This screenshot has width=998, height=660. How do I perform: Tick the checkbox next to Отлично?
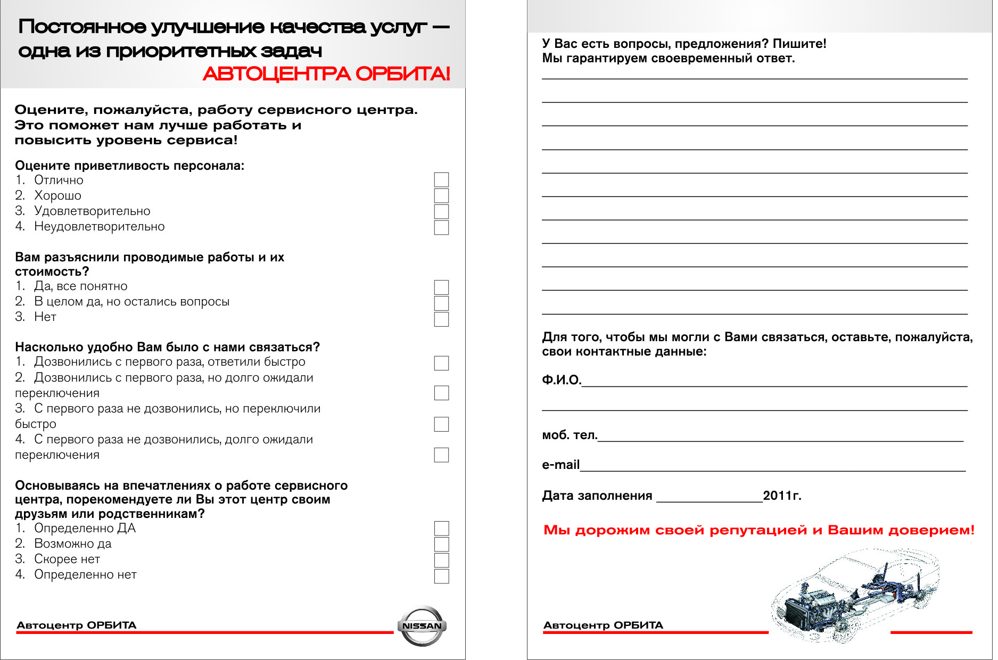pos(441,180)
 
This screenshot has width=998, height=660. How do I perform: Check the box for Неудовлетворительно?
pos(441,227)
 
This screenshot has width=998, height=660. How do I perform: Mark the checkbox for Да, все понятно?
pos(441,287)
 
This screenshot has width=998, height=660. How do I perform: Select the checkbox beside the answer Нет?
pos(441,319)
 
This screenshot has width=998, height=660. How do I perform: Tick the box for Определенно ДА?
pos(441,529)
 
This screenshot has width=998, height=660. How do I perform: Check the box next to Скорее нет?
pos(441,560)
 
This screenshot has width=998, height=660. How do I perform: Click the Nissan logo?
pos(422,626)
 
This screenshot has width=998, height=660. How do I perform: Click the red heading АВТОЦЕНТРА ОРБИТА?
pos(326,74)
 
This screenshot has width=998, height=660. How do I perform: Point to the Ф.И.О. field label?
pos(561,379)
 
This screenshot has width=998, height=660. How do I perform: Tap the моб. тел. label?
pos(570,435)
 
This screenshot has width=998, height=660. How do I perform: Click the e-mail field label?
pos(560,465)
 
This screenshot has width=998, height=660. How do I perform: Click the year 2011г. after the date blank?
pos(782,496)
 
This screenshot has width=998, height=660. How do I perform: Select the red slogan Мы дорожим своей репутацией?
pos(758,530)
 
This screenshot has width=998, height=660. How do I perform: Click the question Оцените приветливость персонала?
pos(129,166)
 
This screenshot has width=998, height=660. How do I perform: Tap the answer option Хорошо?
pos(57,195)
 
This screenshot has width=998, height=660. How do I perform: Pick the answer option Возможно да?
pos(72,543)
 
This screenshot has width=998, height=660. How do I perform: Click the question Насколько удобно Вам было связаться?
pos(167,347)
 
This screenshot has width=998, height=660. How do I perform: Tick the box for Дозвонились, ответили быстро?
pos(441,363)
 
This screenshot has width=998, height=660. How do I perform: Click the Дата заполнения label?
pos(597,496)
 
